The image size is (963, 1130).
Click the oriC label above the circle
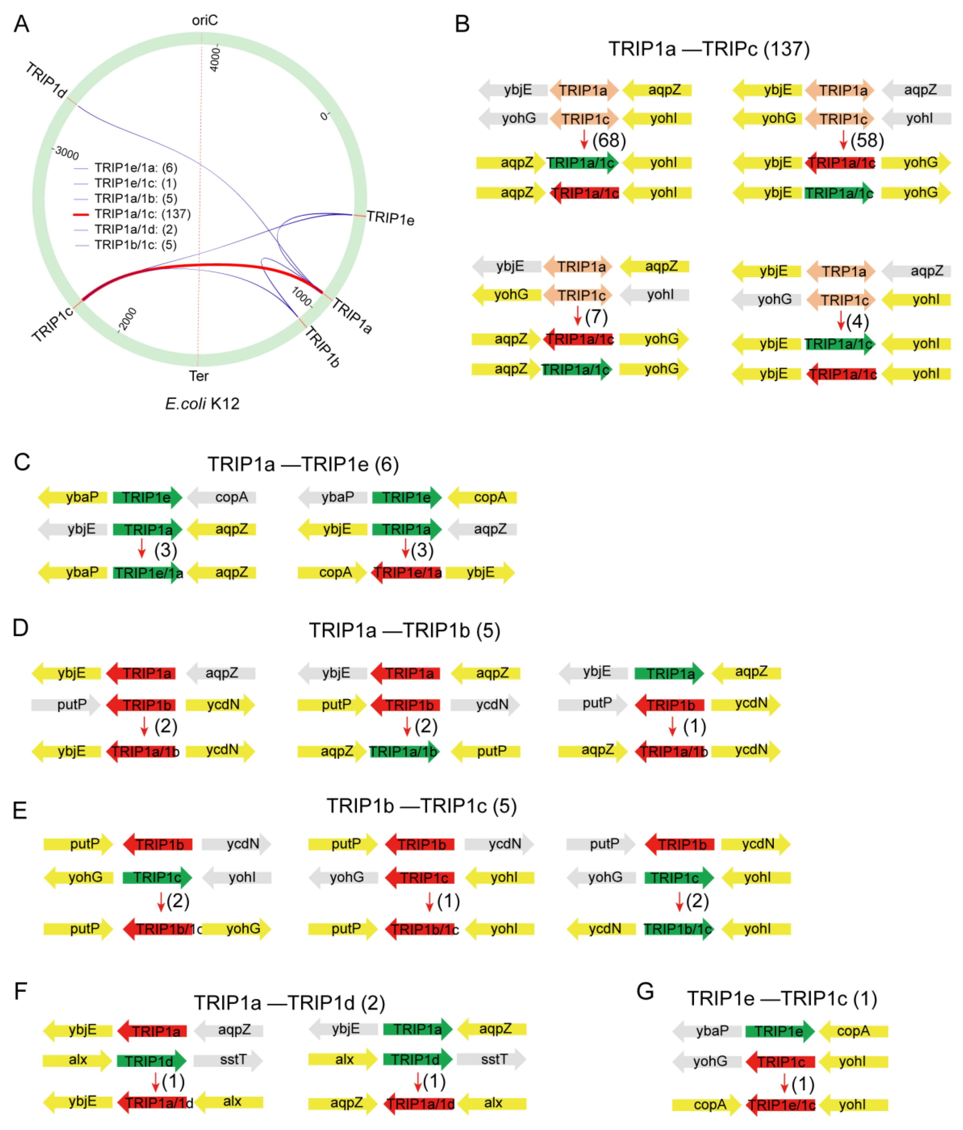(204, 20)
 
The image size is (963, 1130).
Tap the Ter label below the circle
(199, 376)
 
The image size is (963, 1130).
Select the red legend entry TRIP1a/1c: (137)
(142, 214)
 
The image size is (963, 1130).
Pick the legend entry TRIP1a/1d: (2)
(135, 229)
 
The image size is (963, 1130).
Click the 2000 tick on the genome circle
(128, 319)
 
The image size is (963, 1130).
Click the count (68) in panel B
(609, 141)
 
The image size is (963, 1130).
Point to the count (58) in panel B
(867, 141)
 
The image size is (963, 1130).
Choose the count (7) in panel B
(596, 317)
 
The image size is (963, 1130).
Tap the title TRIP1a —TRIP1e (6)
(303, 464)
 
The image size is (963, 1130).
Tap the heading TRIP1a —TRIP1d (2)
(289, 1002)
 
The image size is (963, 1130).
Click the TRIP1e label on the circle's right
(390, 218)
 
